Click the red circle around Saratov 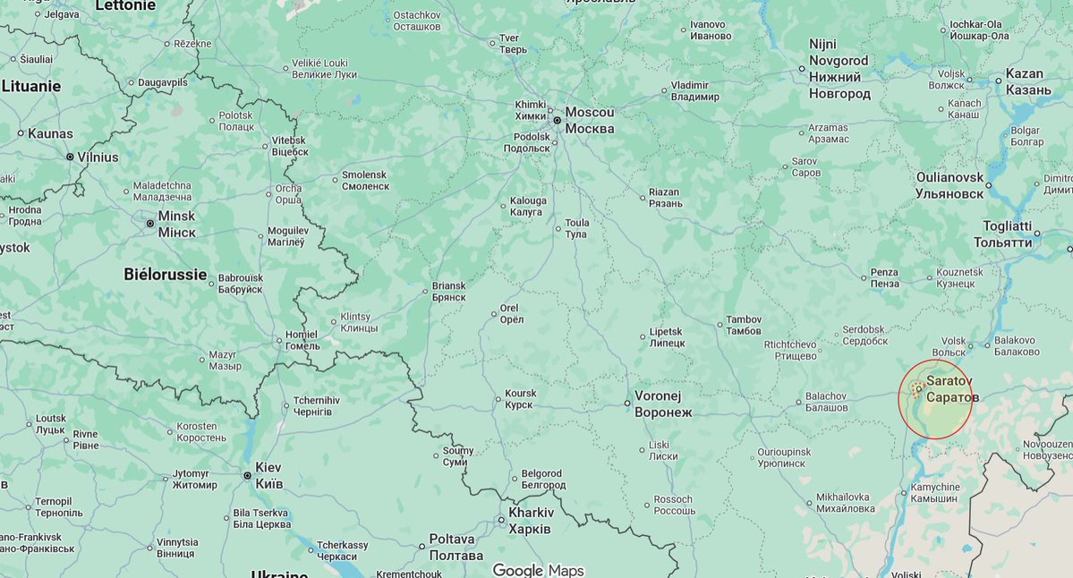tap(934, 399)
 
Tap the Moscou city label tap(590, 120)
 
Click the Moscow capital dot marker tap(557, 120)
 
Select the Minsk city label tap(176, 224)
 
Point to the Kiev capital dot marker tap(248, 475)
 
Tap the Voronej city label tap(663, 404)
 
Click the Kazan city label tap(1025, 82)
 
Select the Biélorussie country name tap(165, 275)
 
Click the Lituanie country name tap(31, 87)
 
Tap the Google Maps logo tap(537, 570)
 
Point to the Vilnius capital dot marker tap(70, 157)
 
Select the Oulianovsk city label tap(950, 185)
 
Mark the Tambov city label tap(743, 325)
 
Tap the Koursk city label tap(520, 399)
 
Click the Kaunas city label tap(50, 133)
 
